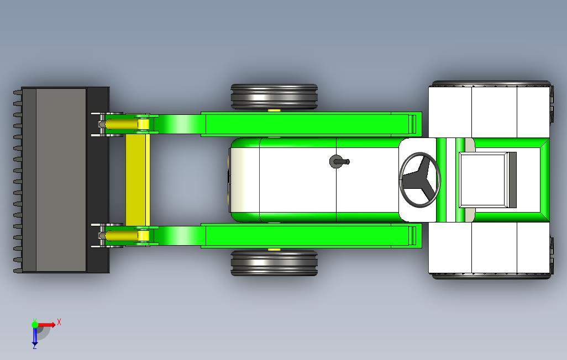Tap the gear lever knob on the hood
point(336,161)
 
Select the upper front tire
point(274,97)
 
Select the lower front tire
point(274,263)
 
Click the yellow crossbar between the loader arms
point(138,179)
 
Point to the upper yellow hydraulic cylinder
point(123,124)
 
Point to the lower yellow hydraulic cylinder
point(123,236)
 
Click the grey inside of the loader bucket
point(61,179)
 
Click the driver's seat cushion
point(484,179)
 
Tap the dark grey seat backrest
point(512,179)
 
